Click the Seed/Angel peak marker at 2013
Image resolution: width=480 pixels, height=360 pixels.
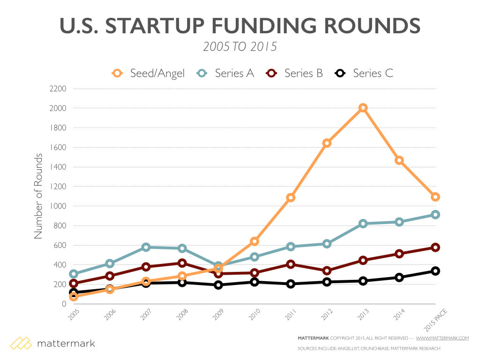click(x=363, y=108)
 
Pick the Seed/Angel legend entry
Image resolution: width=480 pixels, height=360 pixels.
click(x=149, y=73)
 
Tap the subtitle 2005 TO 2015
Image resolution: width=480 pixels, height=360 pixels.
click(x=240, y=47)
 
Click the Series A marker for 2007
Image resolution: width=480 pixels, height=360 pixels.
click(x=146, y=247)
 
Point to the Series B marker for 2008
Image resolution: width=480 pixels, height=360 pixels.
click(x=182, y=263)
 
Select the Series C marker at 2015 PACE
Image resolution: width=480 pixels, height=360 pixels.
click(x=435, y=271)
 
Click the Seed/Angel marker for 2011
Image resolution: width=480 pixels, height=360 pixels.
click(x=291, y=197)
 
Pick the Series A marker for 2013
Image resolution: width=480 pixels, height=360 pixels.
click(x=363, y=224)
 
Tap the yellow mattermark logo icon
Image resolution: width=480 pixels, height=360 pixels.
click(x=21, y=343)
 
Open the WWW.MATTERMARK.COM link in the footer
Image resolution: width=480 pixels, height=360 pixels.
click(x=442, y=338)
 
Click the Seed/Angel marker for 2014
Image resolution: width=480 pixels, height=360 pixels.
click(x=399, y=160)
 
